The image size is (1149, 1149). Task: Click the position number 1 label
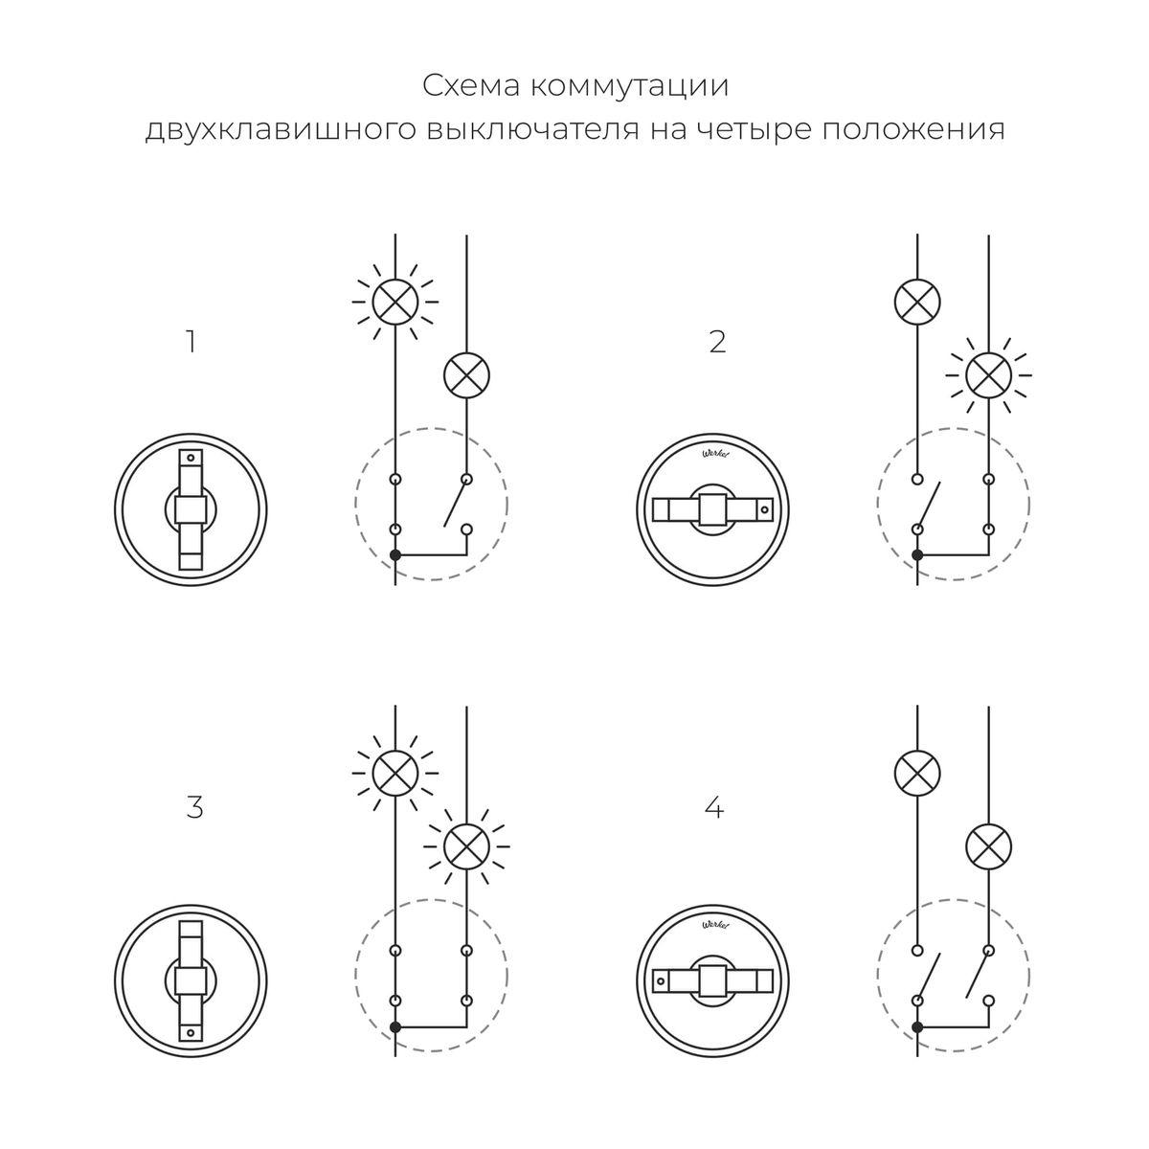[191, 342]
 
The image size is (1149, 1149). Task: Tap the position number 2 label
[717, 342]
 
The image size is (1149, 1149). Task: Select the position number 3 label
[194, 807]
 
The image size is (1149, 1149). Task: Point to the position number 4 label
[713, 807]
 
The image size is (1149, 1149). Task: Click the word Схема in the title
[471, 86]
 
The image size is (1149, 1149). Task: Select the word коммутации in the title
[628, 86]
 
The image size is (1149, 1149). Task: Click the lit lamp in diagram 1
[394, 302]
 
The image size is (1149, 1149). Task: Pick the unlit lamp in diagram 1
[466, 375]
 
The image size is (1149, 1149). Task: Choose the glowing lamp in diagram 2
[988, 375]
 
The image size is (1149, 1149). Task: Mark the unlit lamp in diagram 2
[916, 302]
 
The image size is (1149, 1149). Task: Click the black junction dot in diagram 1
[394, 555]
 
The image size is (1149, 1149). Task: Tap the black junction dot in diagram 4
[917, 1026]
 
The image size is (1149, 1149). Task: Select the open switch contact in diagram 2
[928, 503]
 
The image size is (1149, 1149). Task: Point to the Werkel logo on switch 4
[714, 926]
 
